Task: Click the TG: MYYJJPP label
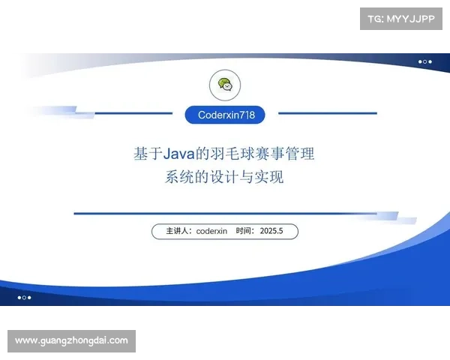pyautogui.click(x=401, y=17)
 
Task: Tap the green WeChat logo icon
pyautogui.click(x=225, y=85)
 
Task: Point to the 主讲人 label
pyautogui.click(x=178, y=232)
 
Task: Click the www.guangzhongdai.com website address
pyautogui.click(x=71, y=340)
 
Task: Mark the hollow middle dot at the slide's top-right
pyautogui.click(x=424, y=61)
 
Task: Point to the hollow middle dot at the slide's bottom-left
pyautogui.click(x=24, y=298)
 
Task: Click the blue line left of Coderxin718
pyautogui.click(x=135, y=113)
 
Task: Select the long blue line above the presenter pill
pyautogui.click(x=225, y=214)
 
